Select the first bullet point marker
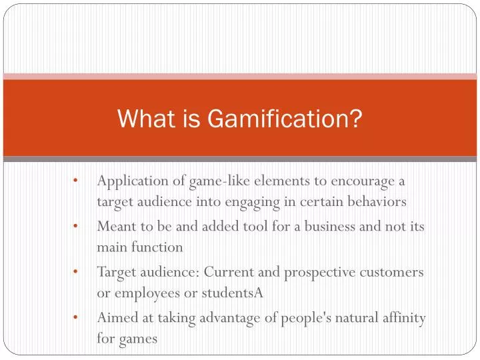coord(78,181)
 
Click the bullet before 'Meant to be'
coord(78,226)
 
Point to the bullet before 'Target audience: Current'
coord(78,272)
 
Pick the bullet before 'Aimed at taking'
coord(78,317)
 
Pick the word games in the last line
coord(138,339)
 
